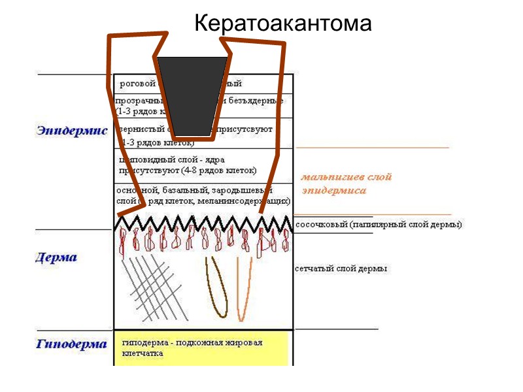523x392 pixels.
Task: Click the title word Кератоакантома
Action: tap(283, 24)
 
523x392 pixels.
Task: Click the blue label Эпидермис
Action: tap(72, 131)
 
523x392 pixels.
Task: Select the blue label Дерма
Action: tap(56, 257)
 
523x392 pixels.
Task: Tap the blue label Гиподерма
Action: tap(71, 344)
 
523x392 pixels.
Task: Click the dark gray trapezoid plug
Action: tap(193, 96)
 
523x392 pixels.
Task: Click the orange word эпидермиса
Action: tap(333, 191)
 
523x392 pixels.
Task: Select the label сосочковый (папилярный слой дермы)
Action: tap(379, 225)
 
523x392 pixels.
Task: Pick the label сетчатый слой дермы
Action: tap(341, 269)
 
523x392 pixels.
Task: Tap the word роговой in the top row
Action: tap(137, 84)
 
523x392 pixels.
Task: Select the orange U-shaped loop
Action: tap(243, 291)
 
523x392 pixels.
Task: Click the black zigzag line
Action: tap(203, 223)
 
